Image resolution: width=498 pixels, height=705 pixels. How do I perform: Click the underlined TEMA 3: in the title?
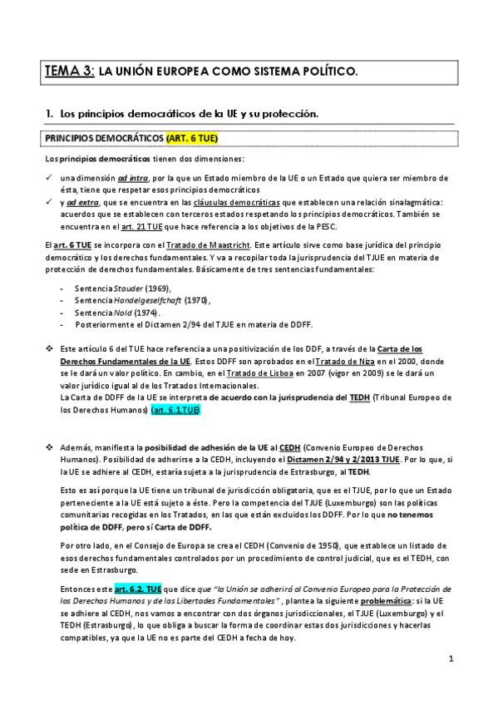click(x=70, y=72)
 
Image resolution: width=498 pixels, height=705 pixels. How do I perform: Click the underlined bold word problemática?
click(x=390, y=601)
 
